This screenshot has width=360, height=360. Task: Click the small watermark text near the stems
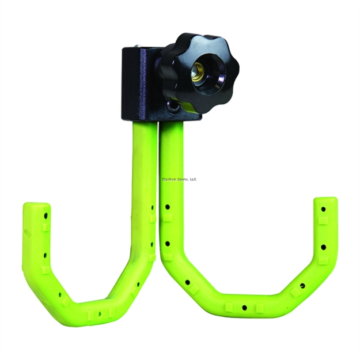(179, 179)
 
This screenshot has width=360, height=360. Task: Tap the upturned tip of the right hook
(325, 207)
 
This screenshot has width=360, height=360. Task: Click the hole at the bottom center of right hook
(245, 308)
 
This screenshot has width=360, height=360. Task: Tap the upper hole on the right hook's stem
(167, 206)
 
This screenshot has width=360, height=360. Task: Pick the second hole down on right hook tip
(324, 247)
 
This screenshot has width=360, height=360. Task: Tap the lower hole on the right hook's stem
(168, 242)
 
